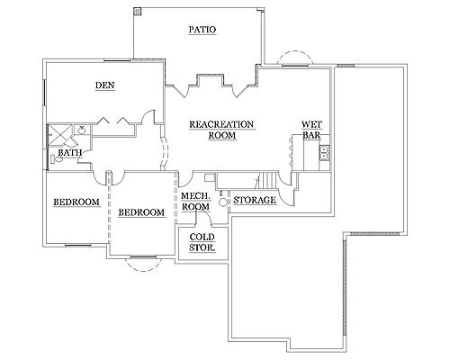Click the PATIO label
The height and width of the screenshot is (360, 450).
click(202, 30)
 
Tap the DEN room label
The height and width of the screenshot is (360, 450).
click(105, 85)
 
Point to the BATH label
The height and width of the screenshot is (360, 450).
click(70, 153)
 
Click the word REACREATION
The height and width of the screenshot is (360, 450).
click(221, 124)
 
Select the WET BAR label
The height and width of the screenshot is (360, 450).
click(311, 130)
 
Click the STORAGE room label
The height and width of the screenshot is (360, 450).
click(255, 200)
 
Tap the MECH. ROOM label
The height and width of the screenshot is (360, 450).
click(196, 202)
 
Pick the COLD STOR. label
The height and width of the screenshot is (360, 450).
click(202, 242)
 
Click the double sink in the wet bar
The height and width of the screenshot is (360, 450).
click(325, 152)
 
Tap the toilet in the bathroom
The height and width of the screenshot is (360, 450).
click(57, 159)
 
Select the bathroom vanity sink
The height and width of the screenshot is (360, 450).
click(81, 130)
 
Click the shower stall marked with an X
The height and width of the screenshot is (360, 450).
click(60, 136)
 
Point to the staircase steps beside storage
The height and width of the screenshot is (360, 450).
click(268, 181)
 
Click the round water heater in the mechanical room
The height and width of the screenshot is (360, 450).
click(222, 202)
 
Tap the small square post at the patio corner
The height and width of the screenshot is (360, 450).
click(138, 11)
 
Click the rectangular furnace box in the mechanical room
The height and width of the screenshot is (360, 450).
click(210, 177)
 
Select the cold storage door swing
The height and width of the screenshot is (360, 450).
click(205, 217)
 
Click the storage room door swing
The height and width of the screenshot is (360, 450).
click(285, 198)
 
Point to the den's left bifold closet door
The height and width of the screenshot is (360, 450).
click(103, 121)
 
